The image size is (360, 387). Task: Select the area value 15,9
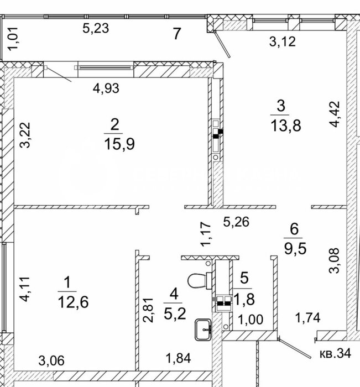119,144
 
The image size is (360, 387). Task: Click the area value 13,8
286,125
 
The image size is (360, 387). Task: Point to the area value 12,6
74,302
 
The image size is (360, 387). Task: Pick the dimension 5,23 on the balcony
96,28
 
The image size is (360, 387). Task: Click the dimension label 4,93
106,88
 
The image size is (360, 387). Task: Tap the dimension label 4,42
335,114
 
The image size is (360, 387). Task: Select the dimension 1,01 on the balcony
13,39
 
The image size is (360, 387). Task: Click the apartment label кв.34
335,353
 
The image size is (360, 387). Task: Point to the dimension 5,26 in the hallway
236,222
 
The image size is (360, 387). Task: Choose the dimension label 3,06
51,360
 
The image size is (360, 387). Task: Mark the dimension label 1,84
178,358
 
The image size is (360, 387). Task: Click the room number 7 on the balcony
177,34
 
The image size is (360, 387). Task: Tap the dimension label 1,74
308,318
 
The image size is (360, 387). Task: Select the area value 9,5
295,248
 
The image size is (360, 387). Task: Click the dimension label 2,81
148,310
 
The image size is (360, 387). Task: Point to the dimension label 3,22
25,135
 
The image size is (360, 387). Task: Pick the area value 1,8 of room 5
244,299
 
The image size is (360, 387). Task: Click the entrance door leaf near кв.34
295,348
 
